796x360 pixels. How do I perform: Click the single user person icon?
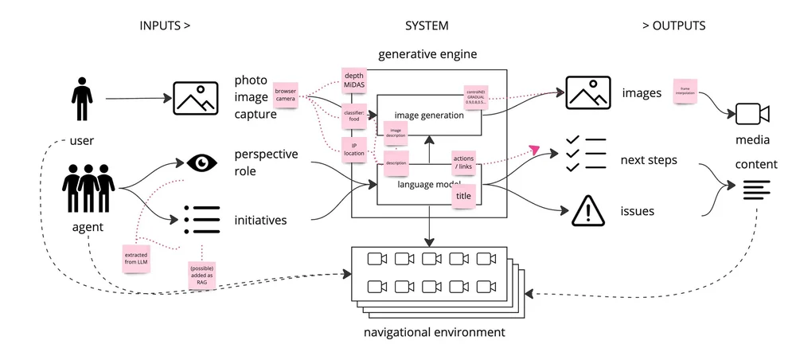(x=81, y=99)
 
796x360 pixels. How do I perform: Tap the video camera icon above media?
(x=751, y=114)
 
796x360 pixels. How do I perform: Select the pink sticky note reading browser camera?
(x=285, y=96)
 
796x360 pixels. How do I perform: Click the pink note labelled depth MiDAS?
(x=353, y=80)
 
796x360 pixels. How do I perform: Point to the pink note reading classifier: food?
(x=353, y=116)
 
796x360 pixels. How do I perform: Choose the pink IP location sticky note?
(x=353, y=148)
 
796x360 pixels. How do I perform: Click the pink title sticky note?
(x=463, y=196)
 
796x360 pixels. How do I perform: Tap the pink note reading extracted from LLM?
(x=136, y=257)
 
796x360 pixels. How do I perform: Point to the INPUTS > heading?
(x=165, y=25)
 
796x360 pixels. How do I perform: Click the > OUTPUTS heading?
(x=673, y=25)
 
